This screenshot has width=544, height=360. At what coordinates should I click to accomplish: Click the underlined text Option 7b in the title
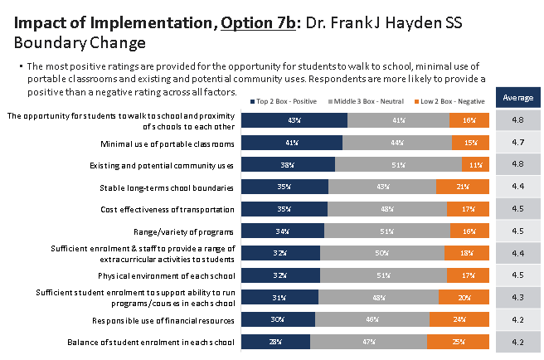(258, 23)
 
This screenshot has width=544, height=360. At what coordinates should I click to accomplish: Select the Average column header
(518, 98)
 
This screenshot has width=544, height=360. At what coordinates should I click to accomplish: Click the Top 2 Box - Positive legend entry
(284, 101)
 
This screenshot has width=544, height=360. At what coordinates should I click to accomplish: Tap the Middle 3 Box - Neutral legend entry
(366, 101)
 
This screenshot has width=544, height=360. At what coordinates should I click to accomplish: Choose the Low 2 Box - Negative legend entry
(449, 101)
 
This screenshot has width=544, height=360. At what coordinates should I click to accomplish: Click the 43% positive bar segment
(294, 120)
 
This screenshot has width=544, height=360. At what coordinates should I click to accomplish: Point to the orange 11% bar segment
(475, 164)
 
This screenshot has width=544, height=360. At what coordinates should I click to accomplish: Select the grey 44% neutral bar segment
(397, 143)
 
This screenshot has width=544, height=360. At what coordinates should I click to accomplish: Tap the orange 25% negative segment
(458, 342)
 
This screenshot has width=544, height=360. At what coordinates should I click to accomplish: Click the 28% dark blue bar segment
(276, 342)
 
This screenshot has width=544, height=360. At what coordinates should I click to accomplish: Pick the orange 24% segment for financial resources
(459, 319)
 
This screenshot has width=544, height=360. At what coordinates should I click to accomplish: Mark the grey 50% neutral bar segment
(382, 253)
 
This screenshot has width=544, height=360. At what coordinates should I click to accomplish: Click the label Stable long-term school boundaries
(167, 188)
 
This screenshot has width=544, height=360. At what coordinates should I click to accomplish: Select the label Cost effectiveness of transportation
(168, 210)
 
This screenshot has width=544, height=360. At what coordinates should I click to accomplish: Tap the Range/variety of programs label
(183, 232)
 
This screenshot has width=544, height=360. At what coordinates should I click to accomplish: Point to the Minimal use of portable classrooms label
(168, 144)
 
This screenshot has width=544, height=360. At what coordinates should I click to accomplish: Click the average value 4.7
(518, 143)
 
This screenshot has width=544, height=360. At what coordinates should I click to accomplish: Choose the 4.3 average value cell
(518, 298)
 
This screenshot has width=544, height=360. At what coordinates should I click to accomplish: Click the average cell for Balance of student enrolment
(518, 342)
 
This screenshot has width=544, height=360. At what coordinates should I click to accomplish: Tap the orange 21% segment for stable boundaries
(463, 187)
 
